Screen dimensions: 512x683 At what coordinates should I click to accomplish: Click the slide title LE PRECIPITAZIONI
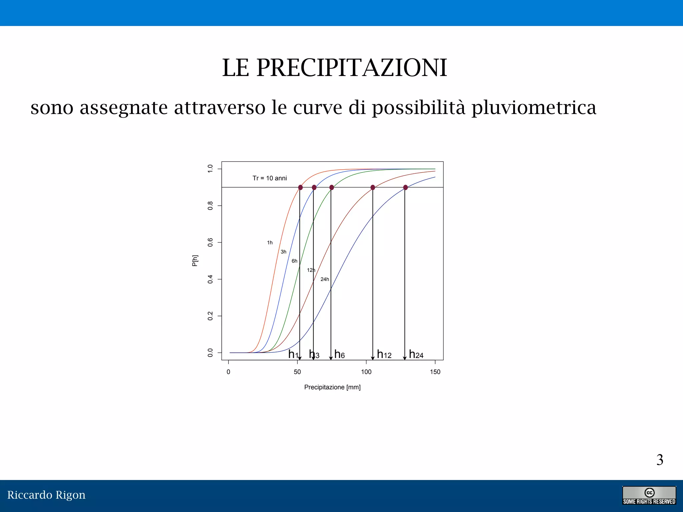click(x=334, y=68)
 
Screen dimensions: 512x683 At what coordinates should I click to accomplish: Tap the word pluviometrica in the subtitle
click(x=534, y=108)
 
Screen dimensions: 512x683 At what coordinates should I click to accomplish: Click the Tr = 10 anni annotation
click(x=269, y=178)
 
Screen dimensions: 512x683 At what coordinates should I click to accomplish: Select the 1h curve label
click(x=270, y=243)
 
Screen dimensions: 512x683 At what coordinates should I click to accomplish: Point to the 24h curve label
click(x=324, y=279)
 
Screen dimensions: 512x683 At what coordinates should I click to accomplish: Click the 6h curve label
click(x=294, y=261)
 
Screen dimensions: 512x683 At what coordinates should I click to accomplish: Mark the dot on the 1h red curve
click(x=300, y=188)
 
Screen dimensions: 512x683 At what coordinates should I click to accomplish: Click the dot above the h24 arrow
click(x=405, y=188)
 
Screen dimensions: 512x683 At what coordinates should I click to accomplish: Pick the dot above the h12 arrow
click(x=373, y=188)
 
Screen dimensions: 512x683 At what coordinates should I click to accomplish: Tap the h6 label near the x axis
click(x=339, y=354)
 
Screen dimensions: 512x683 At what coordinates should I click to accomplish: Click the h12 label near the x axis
click(x=384, y=354)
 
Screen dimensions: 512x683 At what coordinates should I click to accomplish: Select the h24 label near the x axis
click(x=416, y=354)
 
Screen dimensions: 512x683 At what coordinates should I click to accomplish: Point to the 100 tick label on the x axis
click(x=366, y=372)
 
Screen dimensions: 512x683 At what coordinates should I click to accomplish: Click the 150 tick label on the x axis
click(x=435, y=372)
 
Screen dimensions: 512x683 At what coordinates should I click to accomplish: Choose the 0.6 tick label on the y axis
click(x=210, y=242)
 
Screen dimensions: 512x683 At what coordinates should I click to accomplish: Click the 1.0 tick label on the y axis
click(x=210, y=169)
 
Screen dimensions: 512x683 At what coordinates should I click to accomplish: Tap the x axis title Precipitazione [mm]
click(x=332, y=387)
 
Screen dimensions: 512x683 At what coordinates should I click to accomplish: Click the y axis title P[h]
click(x=195, y=261)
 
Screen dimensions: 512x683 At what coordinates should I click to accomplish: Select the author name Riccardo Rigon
click(x=46, y=495)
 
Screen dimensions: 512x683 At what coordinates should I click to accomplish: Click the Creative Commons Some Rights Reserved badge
click(x=649, y=496)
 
